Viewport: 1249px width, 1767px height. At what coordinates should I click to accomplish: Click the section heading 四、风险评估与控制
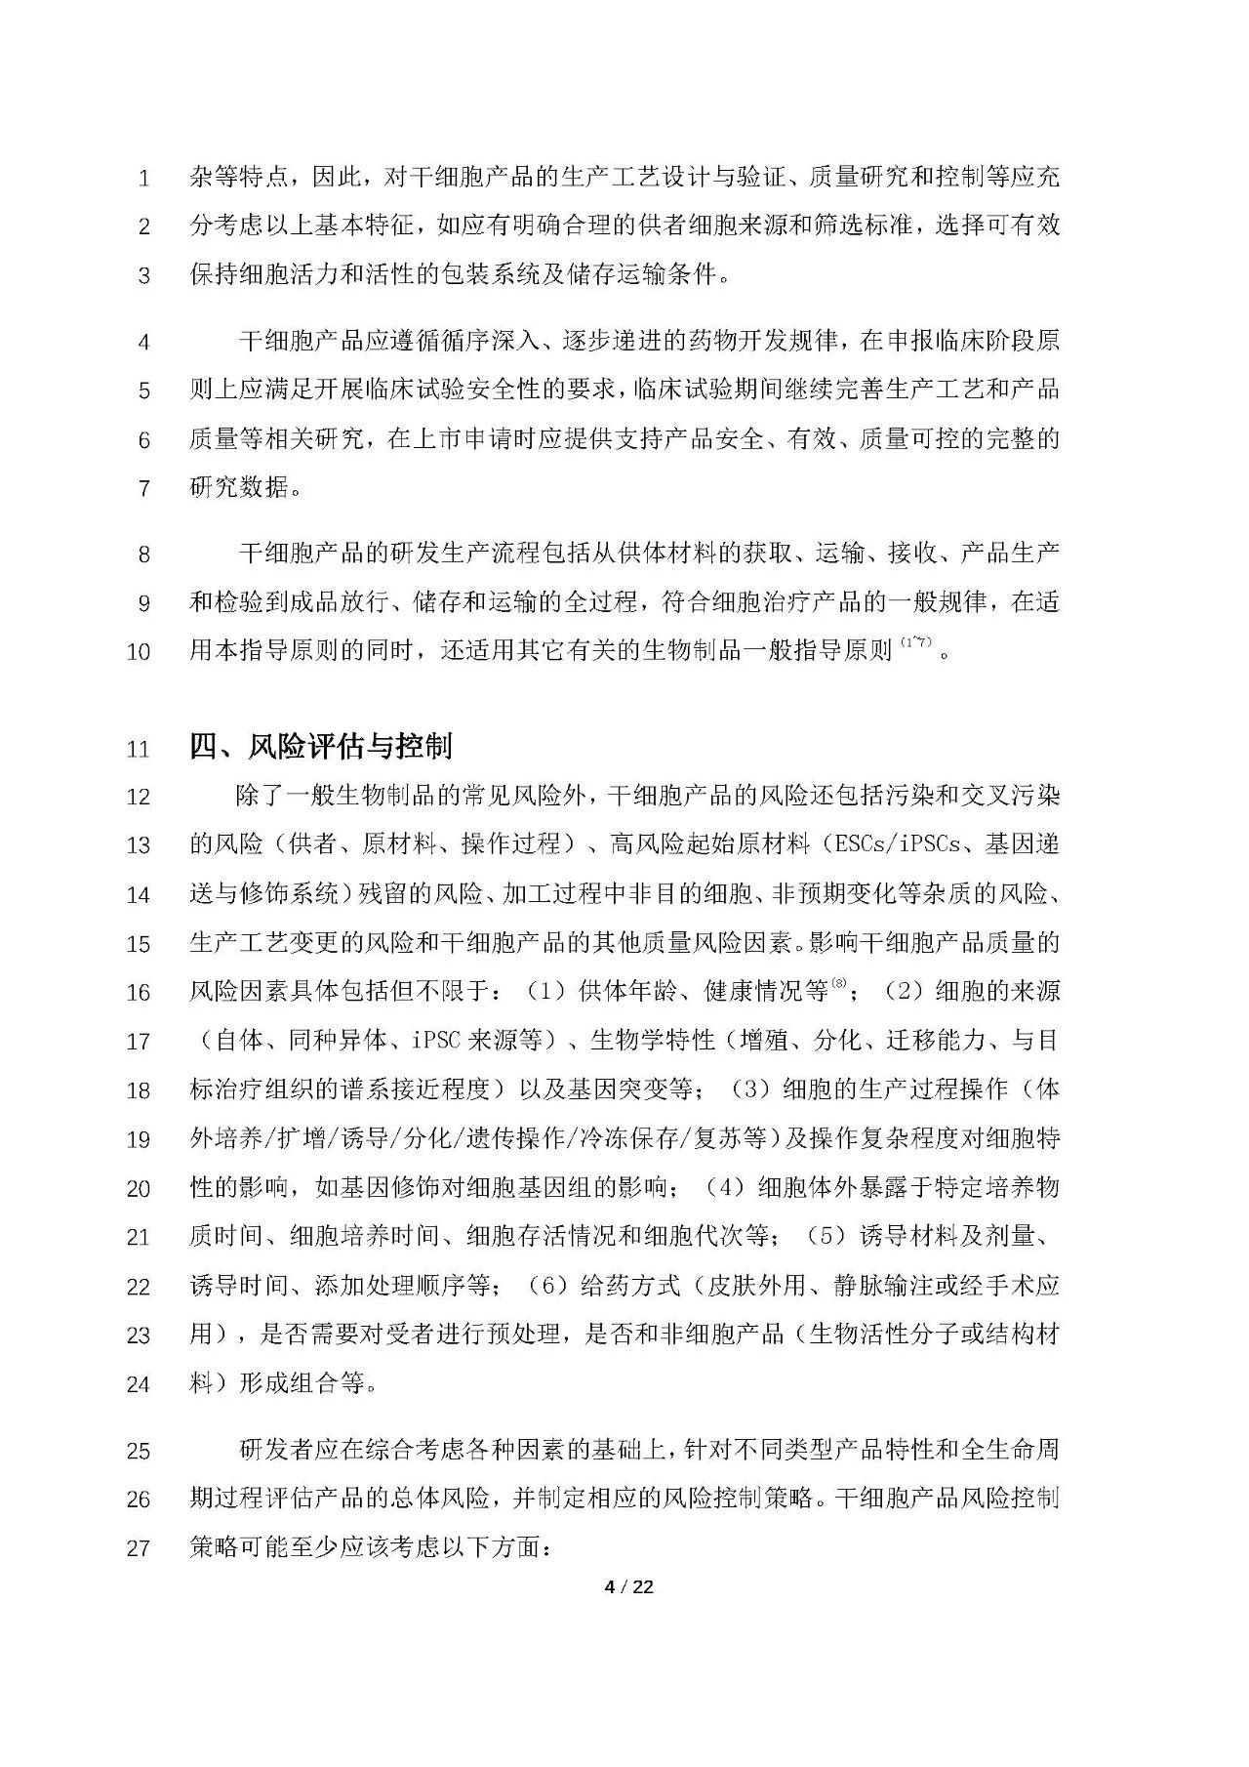[321, 748]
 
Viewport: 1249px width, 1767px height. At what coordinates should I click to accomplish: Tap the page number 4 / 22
[628, 1587]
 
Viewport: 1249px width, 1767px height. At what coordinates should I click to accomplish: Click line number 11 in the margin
[139, 750]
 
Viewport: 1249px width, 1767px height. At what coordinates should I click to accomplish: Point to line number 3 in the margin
[144, 276]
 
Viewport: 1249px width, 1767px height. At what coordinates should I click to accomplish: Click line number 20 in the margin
[139, 1189]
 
